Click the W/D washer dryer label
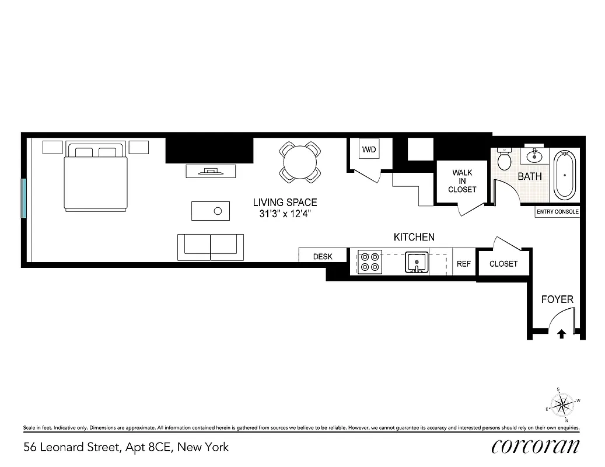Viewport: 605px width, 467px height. [369, 150]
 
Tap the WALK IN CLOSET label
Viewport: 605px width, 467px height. [462, 181]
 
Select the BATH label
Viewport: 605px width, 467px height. [529, 176]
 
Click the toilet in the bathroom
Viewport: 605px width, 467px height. [505, 159]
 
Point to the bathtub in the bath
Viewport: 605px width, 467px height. [564, 175]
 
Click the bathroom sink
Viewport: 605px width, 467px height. [534, 156]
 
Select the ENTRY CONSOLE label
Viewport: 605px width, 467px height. [558, 212]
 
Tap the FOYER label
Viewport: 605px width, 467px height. [557, 299]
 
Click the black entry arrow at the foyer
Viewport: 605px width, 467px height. [561, 334]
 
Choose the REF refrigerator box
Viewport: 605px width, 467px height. [464, 264]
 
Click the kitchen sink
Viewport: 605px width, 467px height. [417, 263]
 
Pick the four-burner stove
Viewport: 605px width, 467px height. [369, 262]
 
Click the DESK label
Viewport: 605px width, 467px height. [323, 256]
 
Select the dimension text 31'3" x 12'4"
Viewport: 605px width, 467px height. [285, 214]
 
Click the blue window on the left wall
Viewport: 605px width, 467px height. [24, 198]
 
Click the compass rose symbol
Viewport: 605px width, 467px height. [562, 404]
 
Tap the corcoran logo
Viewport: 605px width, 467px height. [536, 447]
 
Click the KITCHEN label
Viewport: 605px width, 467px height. [414, 237]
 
